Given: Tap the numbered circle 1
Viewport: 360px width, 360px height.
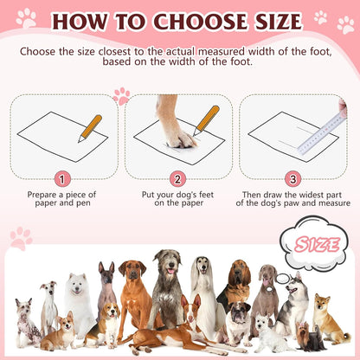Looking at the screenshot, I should [61, 179].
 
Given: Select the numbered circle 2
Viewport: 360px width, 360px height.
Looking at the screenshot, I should [177, 179].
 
